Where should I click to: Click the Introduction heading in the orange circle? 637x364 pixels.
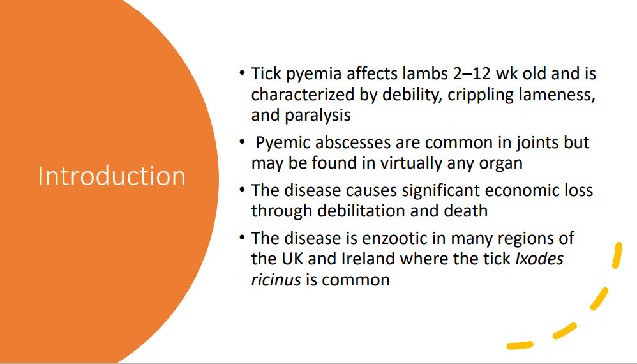112,176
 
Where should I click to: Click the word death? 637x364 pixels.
466,211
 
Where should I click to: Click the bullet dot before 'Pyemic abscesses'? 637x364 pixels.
243,141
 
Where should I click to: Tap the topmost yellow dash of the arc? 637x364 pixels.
617,256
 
